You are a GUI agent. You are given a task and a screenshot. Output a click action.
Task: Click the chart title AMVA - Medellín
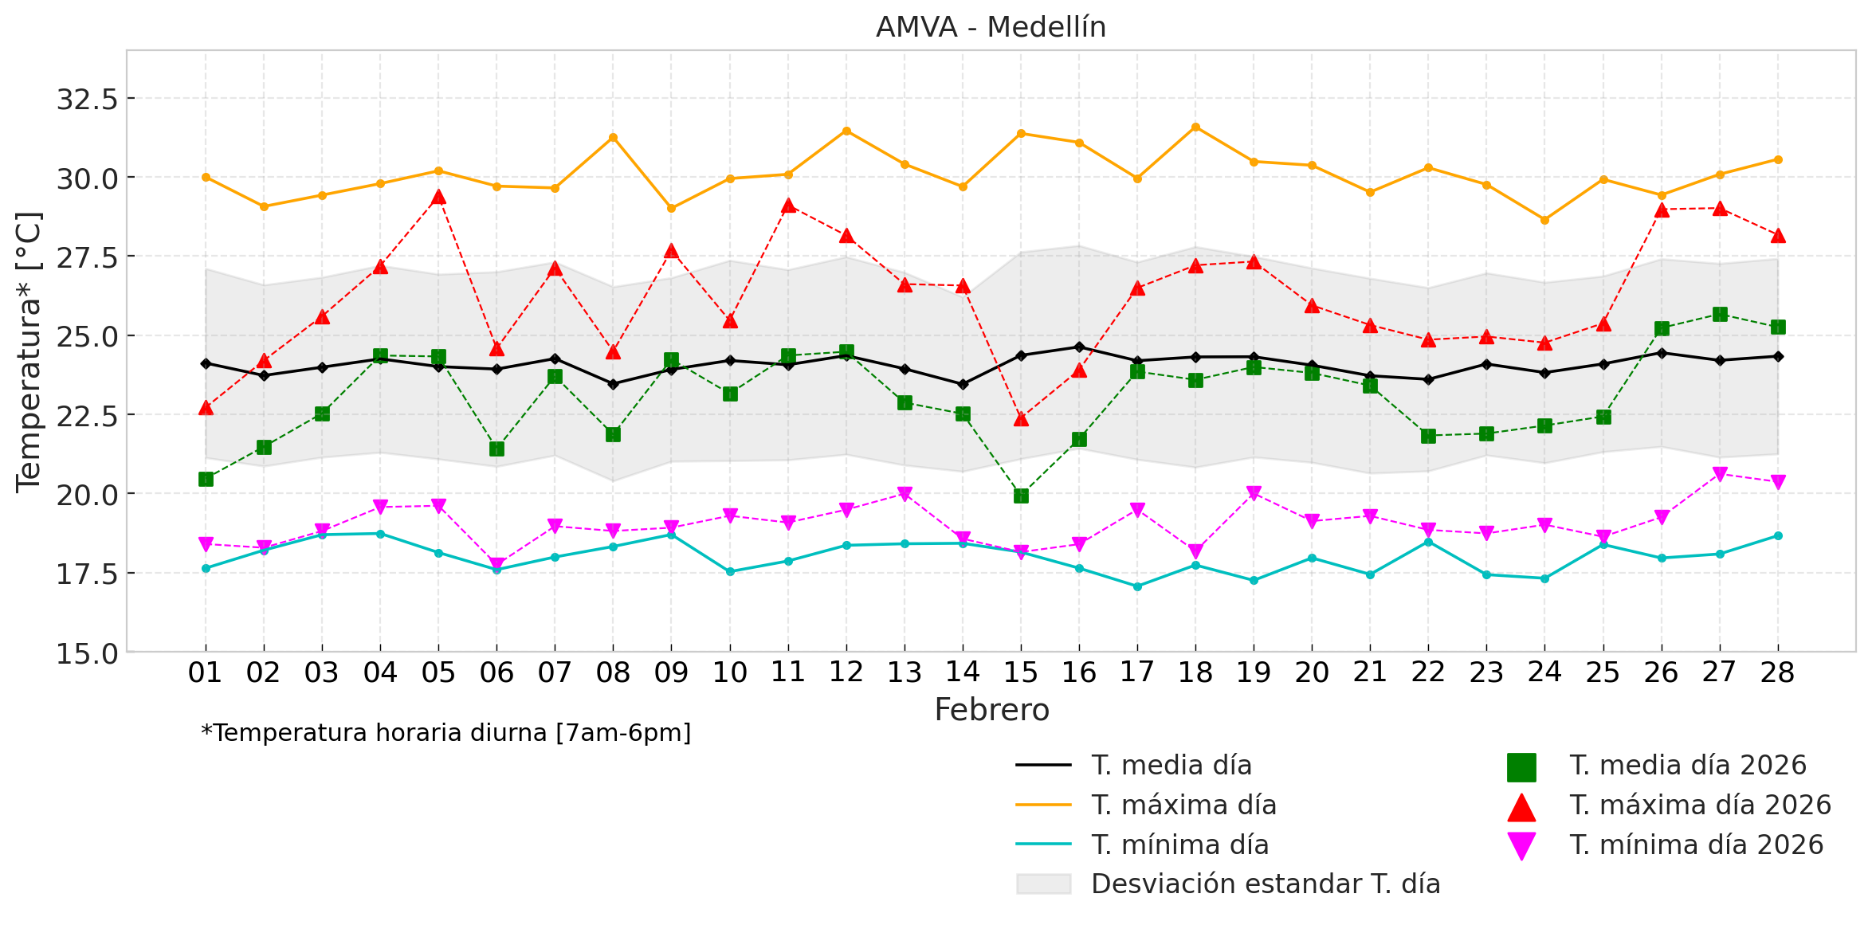[991, 27]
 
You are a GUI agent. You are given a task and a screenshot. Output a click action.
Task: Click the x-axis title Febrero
[991, 710]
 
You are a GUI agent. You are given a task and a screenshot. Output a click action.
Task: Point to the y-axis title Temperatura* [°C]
[29, 351]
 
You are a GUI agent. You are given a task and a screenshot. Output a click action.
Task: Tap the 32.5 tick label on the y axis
[87, 100]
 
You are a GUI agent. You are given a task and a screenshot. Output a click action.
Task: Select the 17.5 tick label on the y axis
[87, 574]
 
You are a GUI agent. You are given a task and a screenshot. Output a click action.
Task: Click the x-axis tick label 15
[1021, 673]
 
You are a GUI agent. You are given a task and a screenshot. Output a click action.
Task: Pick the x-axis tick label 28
[1777, 673]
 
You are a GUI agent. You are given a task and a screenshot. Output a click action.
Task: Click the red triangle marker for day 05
[438, 198]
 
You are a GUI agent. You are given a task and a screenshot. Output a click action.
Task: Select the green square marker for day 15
[1021, 496]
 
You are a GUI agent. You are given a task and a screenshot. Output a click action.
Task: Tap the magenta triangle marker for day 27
[1720, 474]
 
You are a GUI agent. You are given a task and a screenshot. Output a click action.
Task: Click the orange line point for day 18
[1195, 127]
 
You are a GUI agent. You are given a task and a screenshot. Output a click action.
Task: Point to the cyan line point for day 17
[1137, 586]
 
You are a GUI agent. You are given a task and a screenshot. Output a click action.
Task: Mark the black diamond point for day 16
[1079, 347]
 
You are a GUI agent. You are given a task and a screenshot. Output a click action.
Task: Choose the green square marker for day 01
[206, 479]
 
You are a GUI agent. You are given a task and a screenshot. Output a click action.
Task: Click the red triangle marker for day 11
[788, 206]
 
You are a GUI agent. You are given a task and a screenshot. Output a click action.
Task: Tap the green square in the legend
[1521, 766]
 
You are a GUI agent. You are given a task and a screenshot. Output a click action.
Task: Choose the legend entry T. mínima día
[1179, 845]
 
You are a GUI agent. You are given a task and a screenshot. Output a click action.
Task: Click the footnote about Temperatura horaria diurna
[446, 733]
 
